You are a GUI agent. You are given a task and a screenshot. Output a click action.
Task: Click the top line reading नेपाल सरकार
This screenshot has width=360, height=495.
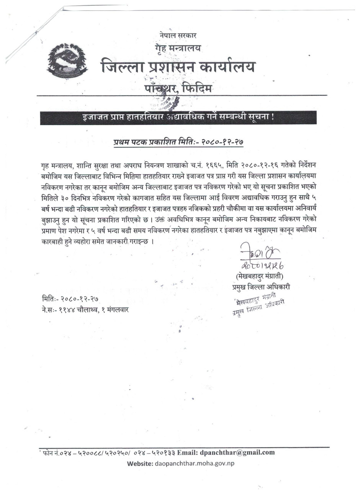click(178, 36)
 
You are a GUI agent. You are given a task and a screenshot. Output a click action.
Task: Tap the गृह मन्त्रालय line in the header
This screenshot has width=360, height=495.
click(178, 48)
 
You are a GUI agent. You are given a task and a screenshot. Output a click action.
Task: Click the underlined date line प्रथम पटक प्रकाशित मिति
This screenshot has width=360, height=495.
click(178, 142)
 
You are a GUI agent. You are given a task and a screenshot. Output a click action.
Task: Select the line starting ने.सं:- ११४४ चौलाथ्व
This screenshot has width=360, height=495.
click(85, 309)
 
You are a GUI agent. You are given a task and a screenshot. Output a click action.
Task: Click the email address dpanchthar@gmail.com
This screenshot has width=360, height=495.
click(237, 452)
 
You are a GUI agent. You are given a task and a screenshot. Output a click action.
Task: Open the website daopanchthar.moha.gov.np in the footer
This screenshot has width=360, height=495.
click(195, 463)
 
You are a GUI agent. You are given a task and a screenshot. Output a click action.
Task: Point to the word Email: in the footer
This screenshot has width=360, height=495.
click(187, 452)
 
